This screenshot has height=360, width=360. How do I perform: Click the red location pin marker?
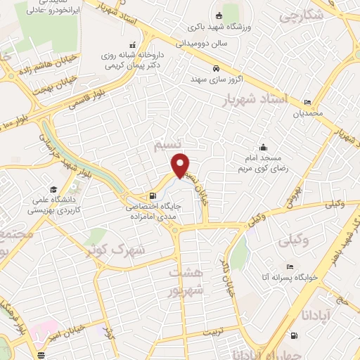click(x=181, y=165)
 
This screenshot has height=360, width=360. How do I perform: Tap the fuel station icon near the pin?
click(x=153, y=196)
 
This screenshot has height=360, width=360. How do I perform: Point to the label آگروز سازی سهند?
click(x=218, y=79)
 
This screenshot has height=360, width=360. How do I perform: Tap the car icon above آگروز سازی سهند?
click(x=217, y=68)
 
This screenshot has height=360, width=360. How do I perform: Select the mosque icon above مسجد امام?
click(x=263, y=148)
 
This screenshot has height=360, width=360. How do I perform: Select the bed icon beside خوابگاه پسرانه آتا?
click(x=288, y=267)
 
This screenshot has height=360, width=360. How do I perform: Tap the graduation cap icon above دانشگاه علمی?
click(x=53, y=189)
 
